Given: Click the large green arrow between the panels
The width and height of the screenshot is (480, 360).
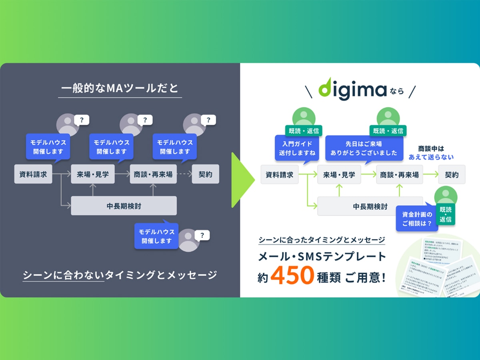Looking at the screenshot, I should point(242,180).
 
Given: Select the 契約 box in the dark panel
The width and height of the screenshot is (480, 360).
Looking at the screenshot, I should point(205,174).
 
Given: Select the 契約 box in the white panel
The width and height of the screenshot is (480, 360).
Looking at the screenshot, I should point(452,174).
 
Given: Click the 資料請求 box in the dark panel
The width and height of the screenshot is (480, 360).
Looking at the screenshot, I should point(33,174).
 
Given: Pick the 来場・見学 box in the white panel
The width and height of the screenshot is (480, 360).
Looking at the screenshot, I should point(339,174).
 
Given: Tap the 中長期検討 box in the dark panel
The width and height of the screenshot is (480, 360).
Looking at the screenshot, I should point(124,206).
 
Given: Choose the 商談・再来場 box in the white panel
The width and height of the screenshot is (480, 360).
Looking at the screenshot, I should point(399,174).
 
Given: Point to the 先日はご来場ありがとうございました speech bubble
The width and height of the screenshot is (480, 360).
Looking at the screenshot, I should point(364,148).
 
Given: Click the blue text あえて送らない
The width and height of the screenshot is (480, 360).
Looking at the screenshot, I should point(431,157).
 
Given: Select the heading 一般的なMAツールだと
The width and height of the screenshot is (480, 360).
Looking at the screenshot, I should point(120,88).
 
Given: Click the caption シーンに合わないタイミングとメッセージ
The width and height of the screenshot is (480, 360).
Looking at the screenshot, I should point(120,275).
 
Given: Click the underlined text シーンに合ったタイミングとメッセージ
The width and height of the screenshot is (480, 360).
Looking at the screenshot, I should point(322,240).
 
